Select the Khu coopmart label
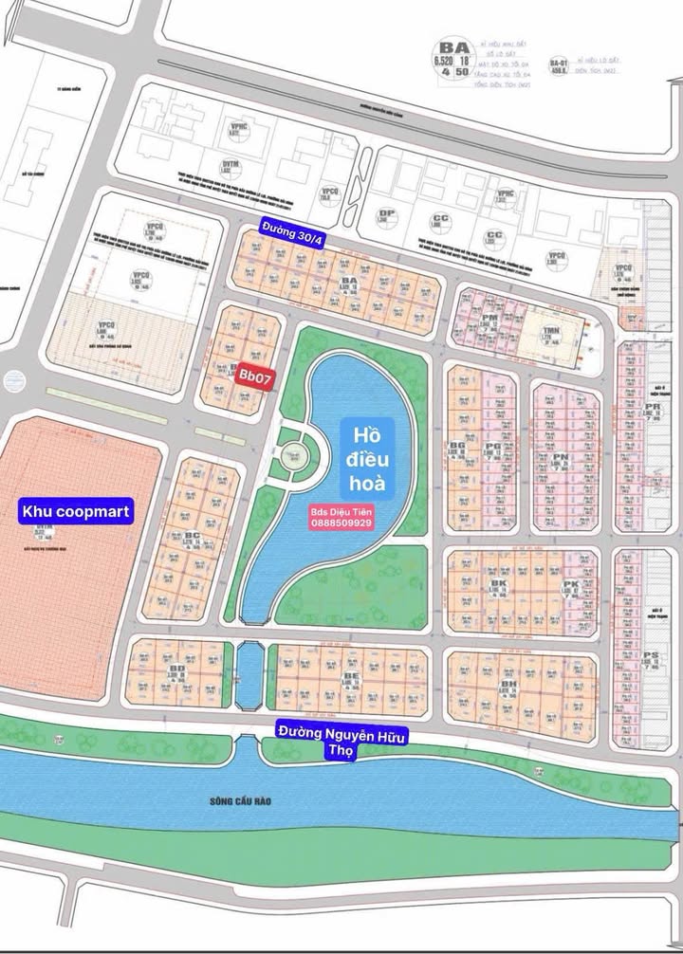coord(76,511)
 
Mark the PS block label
coord(651,655)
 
